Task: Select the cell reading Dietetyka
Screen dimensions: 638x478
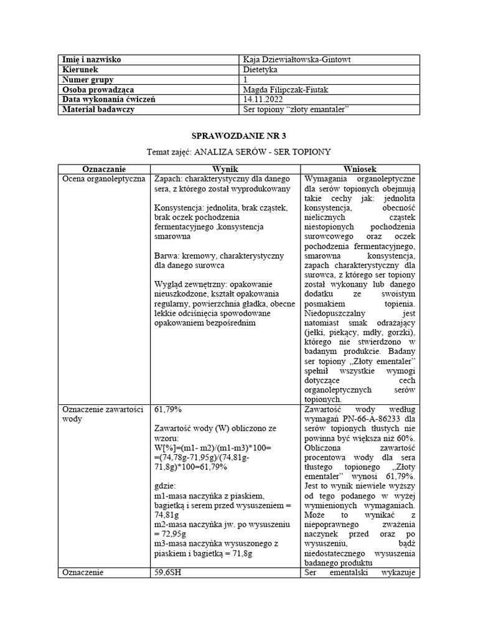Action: click(x=261, y=70)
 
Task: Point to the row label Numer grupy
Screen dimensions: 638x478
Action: click(x=88, y=80)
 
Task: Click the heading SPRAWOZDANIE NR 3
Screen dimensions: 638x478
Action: click(x=238, y=135)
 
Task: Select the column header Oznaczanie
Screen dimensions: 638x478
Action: click(x=104, y=169)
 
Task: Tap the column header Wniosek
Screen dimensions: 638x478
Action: click(x=360, y=169)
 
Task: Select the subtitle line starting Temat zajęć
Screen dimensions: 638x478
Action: click(x=238, y=152)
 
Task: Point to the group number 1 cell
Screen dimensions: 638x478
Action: click(x=245, y=80)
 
